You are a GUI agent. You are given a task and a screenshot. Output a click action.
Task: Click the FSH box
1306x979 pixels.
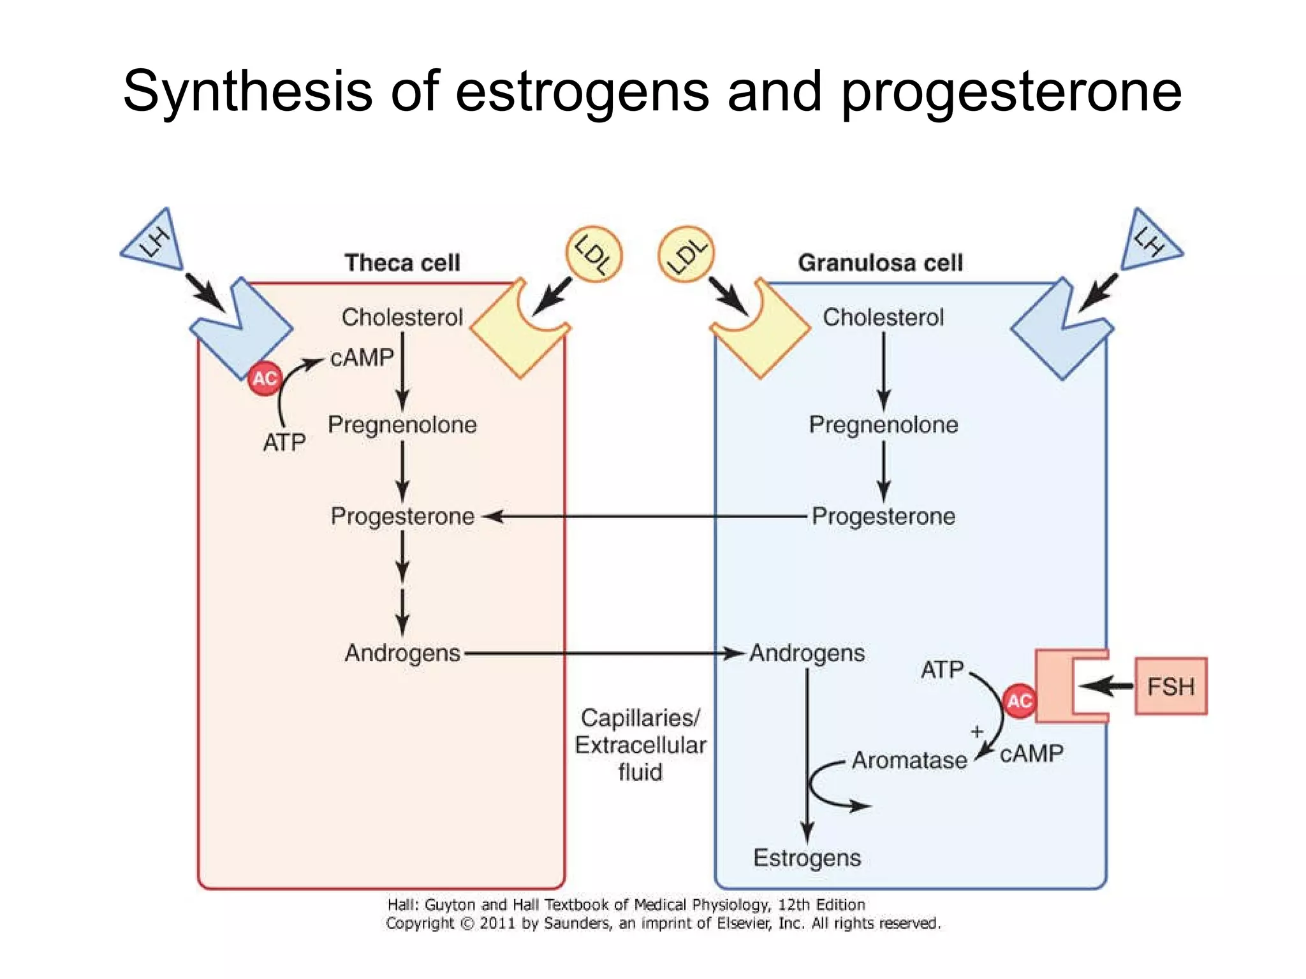pos(1170,686)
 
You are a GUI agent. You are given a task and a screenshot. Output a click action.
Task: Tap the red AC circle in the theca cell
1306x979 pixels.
pos(265,379)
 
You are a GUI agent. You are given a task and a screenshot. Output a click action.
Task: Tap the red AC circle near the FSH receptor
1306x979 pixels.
pos(1019,701)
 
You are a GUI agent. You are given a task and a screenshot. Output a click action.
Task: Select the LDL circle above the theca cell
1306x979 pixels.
pos(594,254)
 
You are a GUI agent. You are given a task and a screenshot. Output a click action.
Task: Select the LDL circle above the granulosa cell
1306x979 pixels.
pos(686,254)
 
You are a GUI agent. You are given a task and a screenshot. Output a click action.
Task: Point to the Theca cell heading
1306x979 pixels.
pos(402,263)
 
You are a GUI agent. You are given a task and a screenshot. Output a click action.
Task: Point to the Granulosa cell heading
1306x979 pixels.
pos(880,263)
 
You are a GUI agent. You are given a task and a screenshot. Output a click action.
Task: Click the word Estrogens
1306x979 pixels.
pos(807,858)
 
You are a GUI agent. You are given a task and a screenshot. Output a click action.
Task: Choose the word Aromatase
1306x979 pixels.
pos(909,760)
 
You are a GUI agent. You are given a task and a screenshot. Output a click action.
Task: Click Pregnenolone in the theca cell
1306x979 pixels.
pos(402,424)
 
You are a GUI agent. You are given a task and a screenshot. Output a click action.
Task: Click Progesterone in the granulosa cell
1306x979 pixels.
pos(883,516)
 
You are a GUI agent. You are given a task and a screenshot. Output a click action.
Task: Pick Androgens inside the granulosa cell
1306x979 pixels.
pos(807,653)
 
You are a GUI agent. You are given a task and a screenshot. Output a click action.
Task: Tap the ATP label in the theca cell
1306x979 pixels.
pos(284,442)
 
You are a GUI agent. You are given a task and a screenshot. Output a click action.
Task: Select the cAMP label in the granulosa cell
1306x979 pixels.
pos(1031,754)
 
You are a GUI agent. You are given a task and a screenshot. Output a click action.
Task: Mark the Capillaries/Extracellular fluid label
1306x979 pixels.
pos(640,744)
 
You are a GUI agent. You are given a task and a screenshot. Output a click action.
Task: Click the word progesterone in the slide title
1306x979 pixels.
pos(1011,92)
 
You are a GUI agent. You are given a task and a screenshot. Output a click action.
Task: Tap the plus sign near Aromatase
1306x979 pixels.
pos(976,732)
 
